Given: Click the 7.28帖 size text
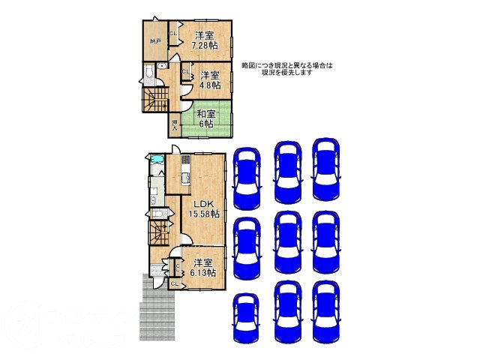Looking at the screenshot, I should point(203,46).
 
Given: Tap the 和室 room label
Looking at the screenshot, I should point(206,114).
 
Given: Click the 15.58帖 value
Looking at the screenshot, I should point(203,214).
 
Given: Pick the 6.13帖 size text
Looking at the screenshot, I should point(202,274).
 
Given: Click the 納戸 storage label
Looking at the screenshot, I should point(154,41).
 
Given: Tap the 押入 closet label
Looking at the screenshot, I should point(175,124).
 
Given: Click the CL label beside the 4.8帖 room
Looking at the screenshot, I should point(185,72).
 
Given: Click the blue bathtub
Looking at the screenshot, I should point(157,160).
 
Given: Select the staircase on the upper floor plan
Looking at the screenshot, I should point(156,97).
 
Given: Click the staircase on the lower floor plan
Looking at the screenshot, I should point(157,229).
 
